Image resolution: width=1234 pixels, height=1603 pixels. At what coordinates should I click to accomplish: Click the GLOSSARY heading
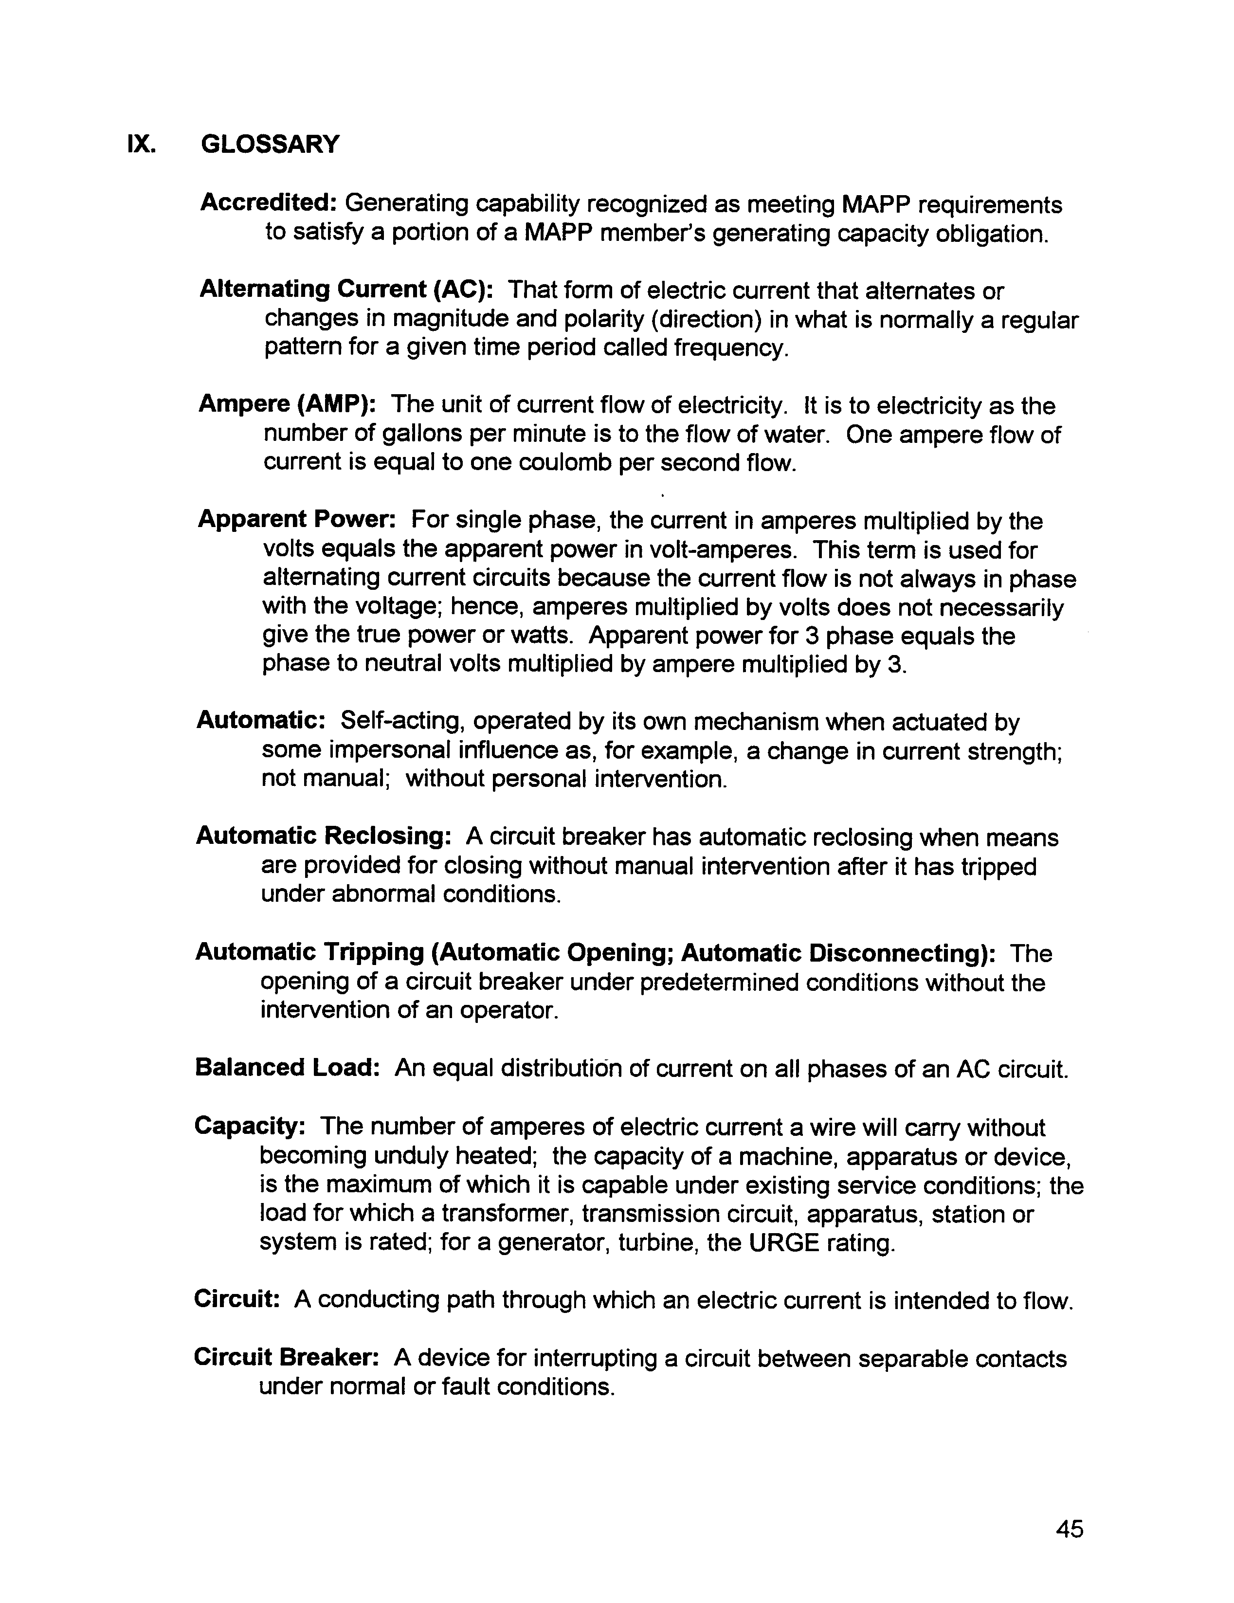point(270,144)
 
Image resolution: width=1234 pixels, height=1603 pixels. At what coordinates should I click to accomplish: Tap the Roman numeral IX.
point(141,144)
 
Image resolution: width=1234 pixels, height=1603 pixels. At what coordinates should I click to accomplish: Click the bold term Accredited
point(268,202)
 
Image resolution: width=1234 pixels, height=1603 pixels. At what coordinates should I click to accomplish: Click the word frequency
point(730,347)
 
